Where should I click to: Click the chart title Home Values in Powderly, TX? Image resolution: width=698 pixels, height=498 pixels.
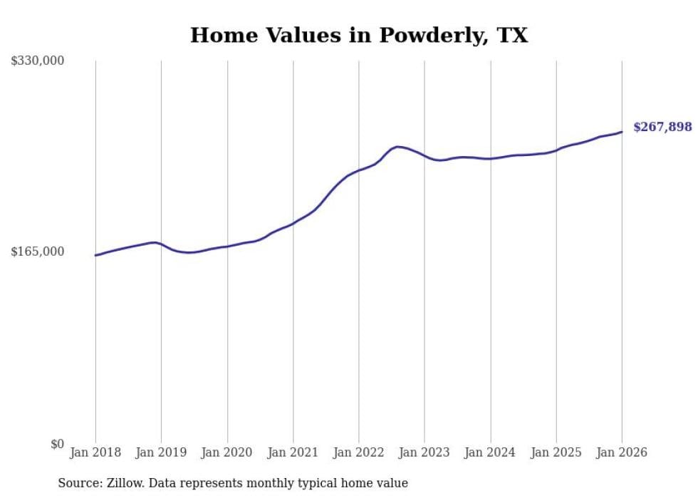click(x=359, y=35)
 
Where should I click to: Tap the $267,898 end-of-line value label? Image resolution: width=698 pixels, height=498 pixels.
click(x=662, y=128)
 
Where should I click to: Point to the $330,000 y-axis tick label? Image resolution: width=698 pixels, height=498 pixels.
click(x=37, y=61)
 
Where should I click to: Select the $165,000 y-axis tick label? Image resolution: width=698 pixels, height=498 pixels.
click(x=37, y=251)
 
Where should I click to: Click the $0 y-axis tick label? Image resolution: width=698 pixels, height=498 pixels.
click(x=57, y=444)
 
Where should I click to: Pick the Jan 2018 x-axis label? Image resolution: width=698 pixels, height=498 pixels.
click(x=95, y=453)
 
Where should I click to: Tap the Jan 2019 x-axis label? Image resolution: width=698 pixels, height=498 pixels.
click(x=161, y=453)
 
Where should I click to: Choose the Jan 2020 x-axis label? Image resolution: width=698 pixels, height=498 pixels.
click(x=227, y=453)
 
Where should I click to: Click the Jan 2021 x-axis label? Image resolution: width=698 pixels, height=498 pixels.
click(x=293, y=453)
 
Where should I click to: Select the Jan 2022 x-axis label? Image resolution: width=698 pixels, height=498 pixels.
click(x=359, y=453)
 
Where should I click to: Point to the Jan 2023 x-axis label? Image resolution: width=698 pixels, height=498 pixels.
click(x=424, y=453)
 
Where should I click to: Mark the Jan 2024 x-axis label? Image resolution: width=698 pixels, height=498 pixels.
click(x=491, y=453)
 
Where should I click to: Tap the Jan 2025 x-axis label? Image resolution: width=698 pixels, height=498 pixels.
click(x=556, y=453)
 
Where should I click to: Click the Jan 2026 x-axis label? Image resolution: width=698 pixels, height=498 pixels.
click(x=622, y=453)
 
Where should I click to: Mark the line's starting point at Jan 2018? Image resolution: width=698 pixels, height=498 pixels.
click(x=95, y=255)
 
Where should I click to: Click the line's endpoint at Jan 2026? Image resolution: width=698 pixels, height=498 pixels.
click(x=622, y=132)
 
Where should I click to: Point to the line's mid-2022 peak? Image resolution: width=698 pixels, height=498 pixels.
click(x=397, y=147)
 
